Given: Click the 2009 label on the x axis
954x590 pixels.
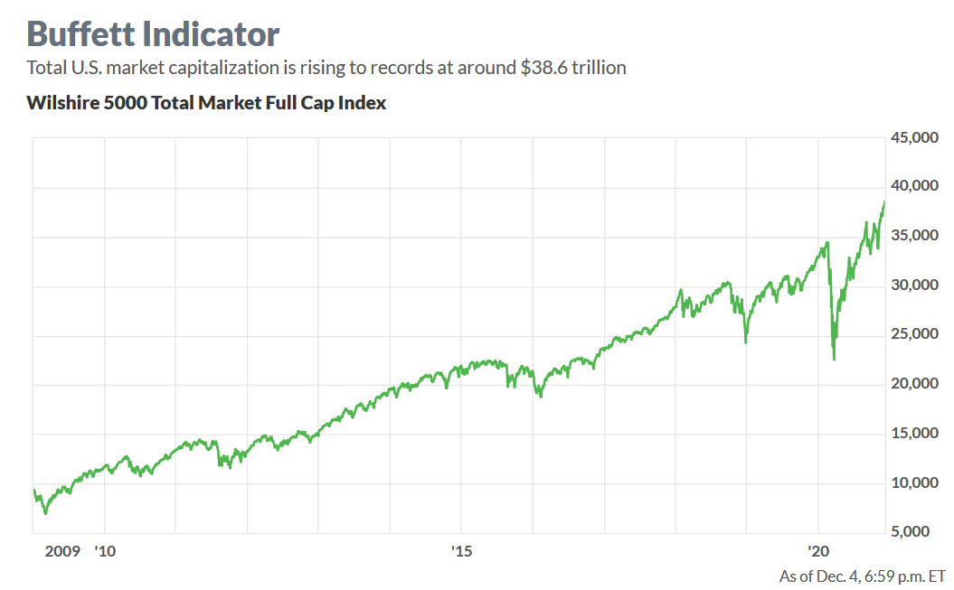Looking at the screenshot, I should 62,551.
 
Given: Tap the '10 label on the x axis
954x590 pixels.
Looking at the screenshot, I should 105,551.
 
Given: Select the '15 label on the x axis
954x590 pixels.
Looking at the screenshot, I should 461,551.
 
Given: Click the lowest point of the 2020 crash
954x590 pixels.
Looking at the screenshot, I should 834,360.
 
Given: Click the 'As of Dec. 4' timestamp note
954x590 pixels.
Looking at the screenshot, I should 862,576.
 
